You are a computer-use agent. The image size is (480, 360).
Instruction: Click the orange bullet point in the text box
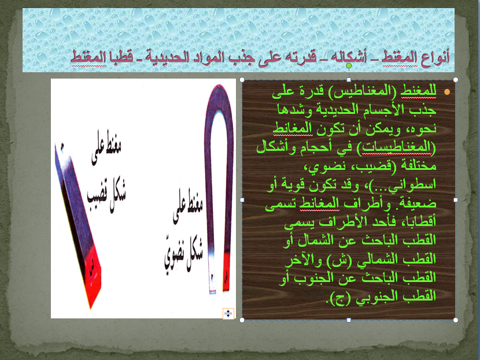446,92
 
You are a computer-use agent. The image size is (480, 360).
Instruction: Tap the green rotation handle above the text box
349,68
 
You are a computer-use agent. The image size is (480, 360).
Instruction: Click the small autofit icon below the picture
228,314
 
